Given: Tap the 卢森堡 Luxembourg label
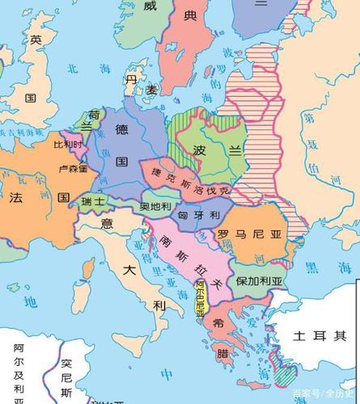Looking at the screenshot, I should point(72,169).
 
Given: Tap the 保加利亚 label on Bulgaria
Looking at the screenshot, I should point(259,281).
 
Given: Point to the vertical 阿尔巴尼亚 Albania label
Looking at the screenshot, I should point(201,297).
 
